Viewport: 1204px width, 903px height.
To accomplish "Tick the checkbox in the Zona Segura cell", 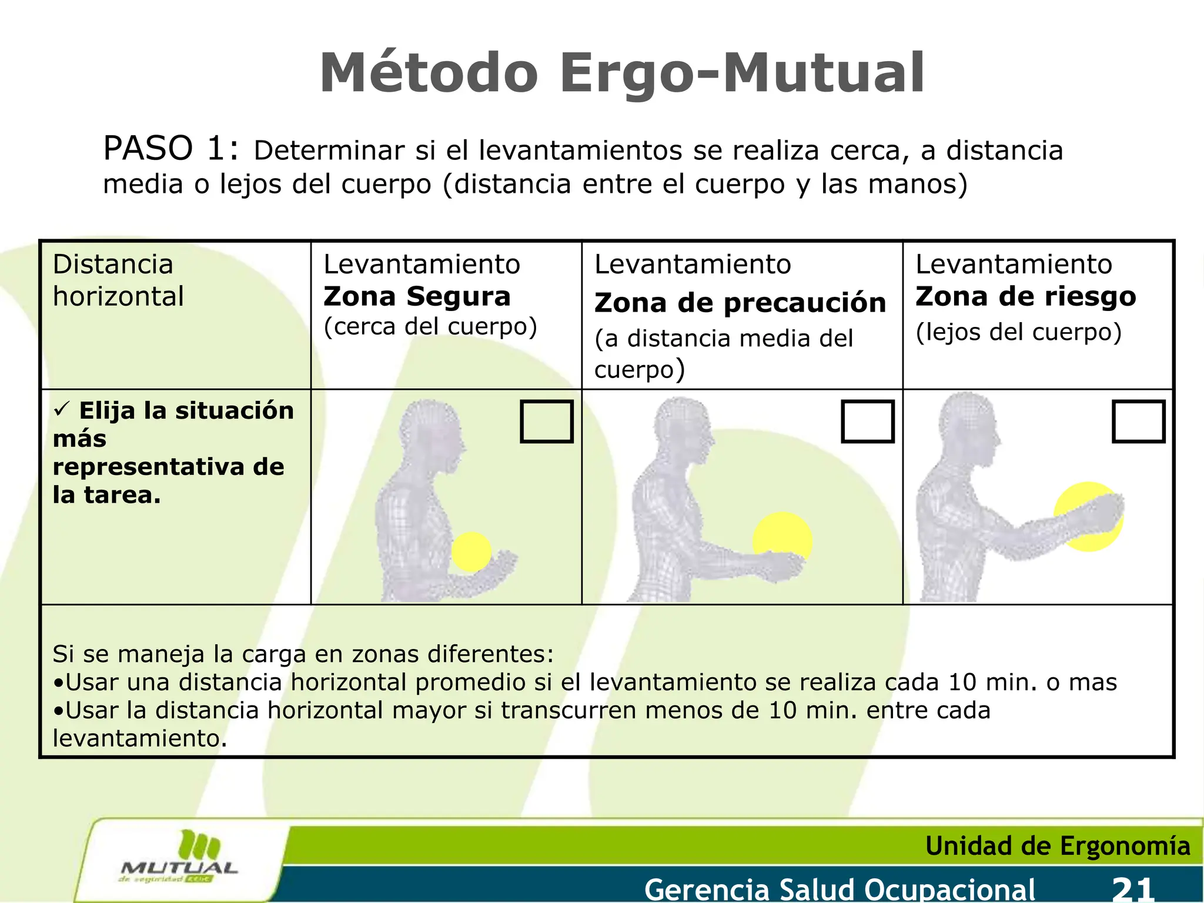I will (546, 421).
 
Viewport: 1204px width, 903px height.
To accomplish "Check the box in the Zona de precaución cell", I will (867, 421).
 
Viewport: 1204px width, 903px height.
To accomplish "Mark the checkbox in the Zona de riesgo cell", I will (1138, 421).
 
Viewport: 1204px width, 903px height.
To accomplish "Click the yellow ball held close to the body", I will (471, 551).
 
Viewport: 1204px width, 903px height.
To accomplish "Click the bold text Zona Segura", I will (417, 296).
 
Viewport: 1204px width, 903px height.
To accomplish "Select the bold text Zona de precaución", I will (740, 303).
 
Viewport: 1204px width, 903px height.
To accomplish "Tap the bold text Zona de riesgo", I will (1025, 296).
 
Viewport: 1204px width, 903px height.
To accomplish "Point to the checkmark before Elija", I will (62, 408).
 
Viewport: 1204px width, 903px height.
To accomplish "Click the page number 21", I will (1133, 889).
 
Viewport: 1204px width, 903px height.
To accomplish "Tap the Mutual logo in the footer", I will (179, 858).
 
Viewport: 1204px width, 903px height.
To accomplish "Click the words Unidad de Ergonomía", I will (1057, 846).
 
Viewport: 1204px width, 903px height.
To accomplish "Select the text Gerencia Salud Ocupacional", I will (840, 889).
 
